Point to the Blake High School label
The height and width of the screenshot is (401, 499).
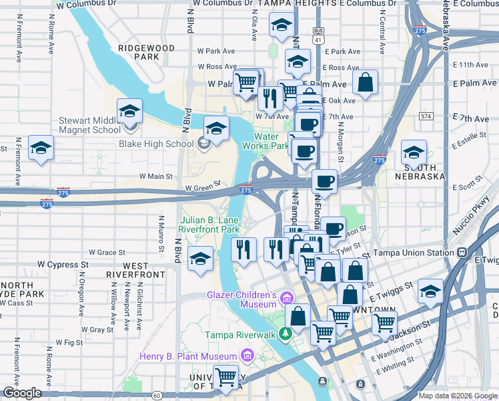point(156,143)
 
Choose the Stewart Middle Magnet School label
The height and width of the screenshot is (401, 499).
point(89,125)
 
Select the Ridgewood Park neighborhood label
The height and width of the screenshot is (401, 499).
point(146,52)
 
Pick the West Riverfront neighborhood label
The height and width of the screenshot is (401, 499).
point(135,270)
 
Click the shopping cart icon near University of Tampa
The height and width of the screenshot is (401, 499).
point(225,377)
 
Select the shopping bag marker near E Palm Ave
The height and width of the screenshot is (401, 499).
point(365,82)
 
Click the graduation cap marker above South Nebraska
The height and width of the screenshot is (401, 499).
point(414,152)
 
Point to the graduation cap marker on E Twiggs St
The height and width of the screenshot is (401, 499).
point(430,291)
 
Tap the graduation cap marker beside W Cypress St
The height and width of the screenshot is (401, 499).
point(200,258)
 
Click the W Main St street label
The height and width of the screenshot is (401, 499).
point(155,176)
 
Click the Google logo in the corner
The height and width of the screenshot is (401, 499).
point(22,393)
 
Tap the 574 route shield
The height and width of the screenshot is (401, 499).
point(426,116)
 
